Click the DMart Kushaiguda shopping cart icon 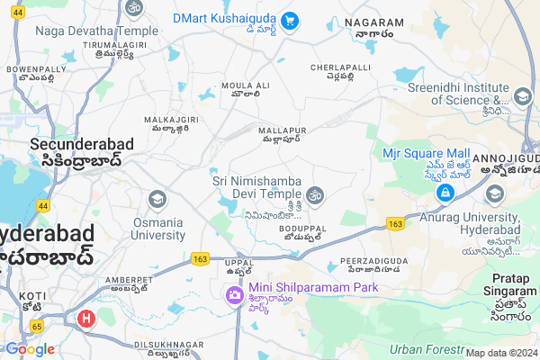coord(290,20)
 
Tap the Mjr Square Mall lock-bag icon coord(445,193)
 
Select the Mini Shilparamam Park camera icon coord(233,294)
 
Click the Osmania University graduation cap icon coord(157,198)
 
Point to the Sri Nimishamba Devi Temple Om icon coord(315,194)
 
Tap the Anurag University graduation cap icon coord(494,194)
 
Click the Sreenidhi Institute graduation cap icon coord(522,96)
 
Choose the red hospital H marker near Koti coord(86,318)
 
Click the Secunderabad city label coord(82,143)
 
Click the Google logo coord(29,349)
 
